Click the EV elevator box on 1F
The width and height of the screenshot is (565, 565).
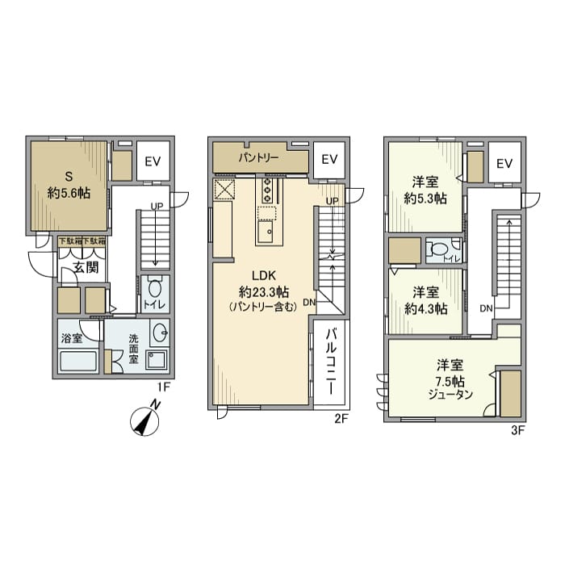tap(153, 161)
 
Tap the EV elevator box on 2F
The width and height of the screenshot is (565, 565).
tap(329, 159)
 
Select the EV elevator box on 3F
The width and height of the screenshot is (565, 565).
tap(504, 164)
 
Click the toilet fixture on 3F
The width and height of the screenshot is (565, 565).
tap(439, 251)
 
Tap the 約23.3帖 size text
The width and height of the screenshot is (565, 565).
tap(258, 291)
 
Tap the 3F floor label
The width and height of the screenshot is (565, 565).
tap(517, 430)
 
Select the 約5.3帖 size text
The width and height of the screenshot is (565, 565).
tap(425, 199)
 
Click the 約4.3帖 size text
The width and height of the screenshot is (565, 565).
tap(425, 308)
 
